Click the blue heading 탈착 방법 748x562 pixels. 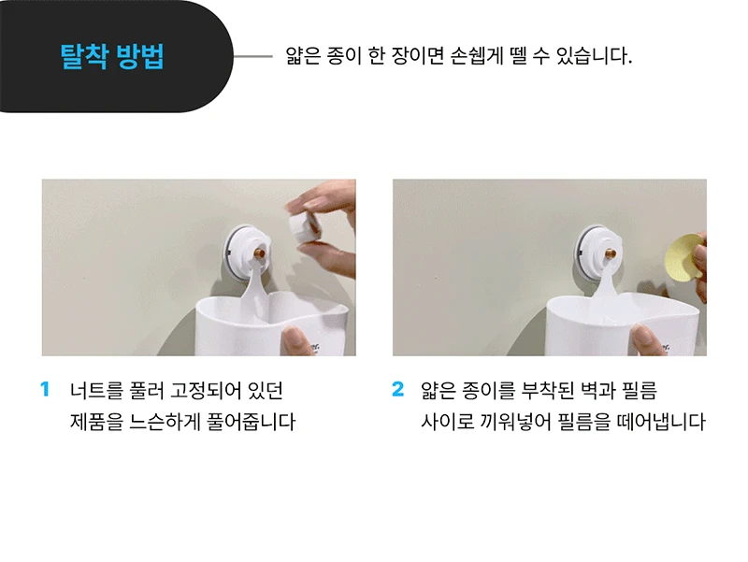tap(112, 57)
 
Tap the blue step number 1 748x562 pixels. tap(45, 389)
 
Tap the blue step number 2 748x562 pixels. tap(398, 389)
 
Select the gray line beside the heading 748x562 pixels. tap(252, 56)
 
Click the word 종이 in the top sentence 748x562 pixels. tap(344, 56)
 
